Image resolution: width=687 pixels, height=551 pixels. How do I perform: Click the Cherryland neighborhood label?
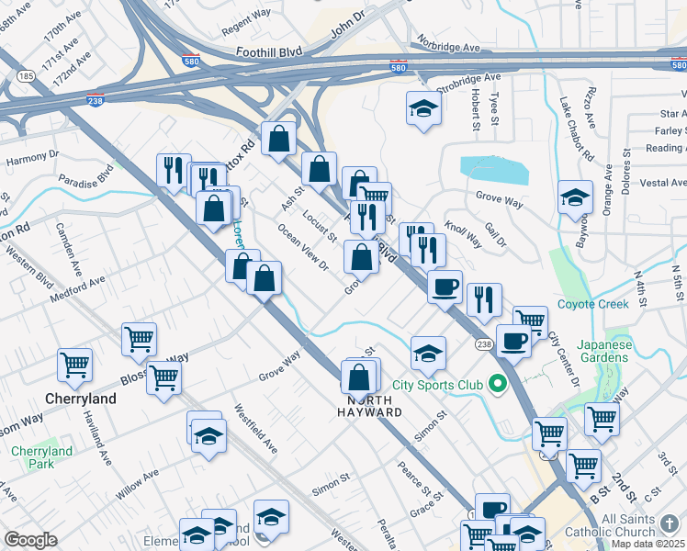(82, 399)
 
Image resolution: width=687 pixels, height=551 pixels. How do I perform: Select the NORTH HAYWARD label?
(374, 406)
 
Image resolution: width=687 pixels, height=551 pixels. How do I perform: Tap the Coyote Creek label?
(592, 304)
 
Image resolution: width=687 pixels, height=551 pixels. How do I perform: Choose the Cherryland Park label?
(41, 457)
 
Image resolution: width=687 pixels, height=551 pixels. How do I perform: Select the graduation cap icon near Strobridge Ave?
(423, 108)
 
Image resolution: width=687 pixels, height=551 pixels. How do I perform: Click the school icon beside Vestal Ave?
(575, 197)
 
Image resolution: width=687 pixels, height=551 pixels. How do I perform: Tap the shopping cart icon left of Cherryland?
(74, 364)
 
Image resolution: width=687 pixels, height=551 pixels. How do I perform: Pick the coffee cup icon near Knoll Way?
(445, 286)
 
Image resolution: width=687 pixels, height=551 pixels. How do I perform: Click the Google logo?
(30, 539)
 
